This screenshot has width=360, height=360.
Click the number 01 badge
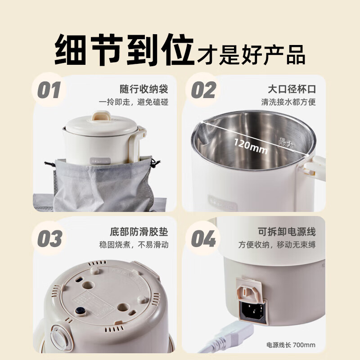click(x=49, y=90)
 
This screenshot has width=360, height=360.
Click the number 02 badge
click(x=203, y=90)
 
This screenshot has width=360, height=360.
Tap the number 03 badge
click(x=49, y=239)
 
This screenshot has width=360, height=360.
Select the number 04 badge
click(x=203, y=239)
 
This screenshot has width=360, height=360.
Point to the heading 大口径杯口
click(x=292, y=88)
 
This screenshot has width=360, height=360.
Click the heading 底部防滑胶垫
click(x=139, y=232)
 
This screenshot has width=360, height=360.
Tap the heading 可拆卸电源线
click(x=287, y=232)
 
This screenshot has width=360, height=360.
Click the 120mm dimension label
click(x=250, y=146)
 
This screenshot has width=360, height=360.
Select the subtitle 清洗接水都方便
click(x=288, y=102)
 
